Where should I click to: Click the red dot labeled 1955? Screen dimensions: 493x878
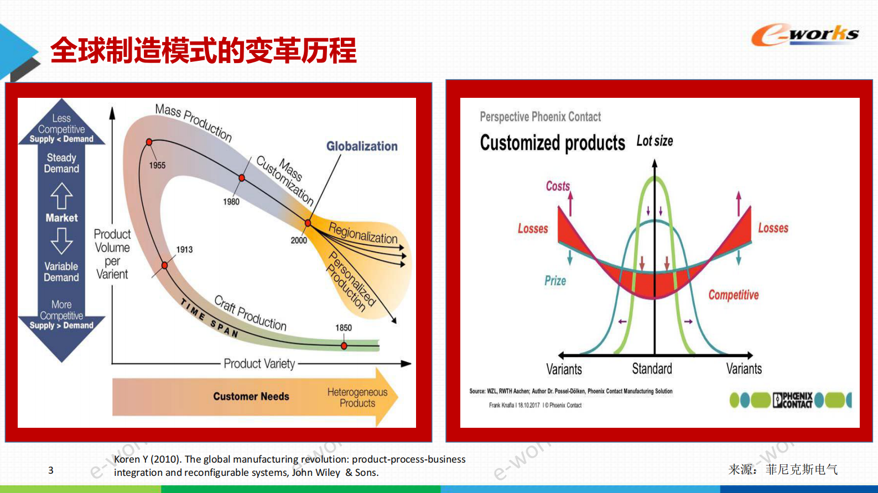tap(149, 142)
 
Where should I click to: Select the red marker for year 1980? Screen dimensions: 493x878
tap(242, 178)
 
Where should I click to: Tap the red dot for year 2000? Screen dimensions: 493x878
tap(308, 223)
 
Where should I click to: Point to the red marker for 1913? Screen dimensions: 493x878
tap(164, 265)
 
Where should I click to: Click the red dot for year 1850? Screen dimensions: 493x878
tap(344, 346)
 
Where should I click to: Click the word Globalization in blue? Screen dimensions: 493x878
tap(362, 146)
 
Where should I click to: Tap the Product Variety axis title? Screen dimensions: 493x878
tap(259, 364)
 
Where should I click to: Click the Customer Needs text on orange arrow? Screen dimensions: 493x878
tap(251, 396)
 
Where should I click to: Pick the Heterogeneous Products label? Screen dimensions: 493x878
tap(357, 397)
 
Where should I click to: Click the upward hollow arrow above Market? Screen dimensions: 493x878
tap(61, 196)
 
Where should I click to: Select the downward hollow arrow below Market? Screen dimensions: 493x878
tap(61, 241)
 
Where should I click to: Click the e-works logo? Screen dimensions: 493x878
tap(805, 35)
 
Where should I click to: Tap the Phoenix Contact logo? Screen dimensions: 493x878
tap(793, 400)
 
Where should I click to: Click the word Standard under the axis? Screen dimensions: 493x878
tap(652, 369)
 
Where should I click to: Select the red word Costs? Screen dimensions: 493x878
tap(558, 186)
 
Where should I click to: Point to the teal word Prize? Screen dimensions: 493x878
tap(555, 281)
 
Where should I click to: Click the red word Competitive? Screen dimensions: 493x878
tap(734, 295)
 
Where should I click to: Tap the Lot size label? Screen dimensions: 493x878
tap(654, 141)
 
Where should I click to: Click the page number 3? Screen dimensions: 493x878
tap(51, 470)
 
